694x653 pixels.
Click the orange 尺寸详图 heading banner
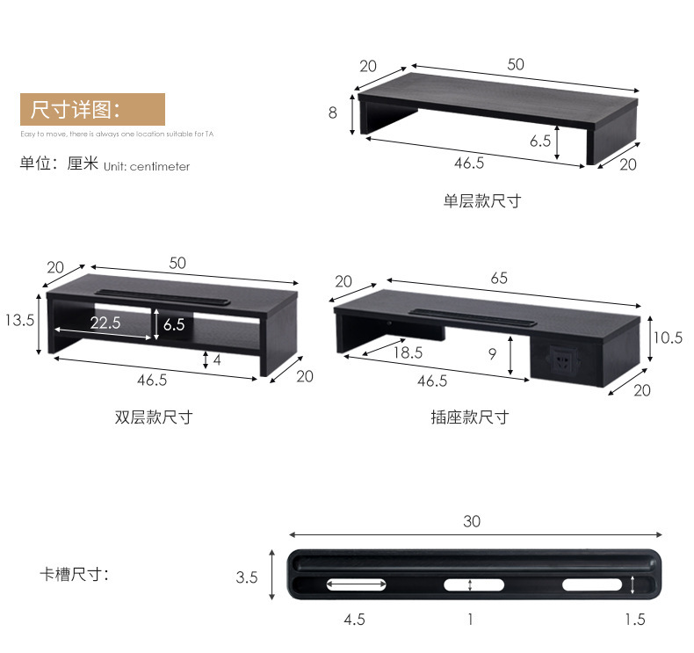click(x=92, y=110)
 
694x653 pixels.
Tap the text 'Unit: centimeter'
click(x=146, y=166)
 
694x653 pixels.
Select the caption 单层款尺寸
click(x=481, y=201)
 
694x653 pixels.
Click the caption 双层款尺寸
click(x=153, y=417)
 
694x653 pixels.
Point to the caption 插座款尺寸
click(x=469, y=417)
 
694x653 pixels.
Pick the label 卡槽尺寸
click(x=74, y=576)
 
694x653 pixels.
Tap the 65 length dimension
click(x=498, y=279)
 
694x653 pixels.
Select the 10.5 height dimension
click(x=668, y=337)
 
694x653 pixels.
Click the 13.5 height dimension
click(x=18, y=321)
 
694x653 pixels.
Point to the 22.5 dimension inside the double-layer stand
click(x=105, y=323)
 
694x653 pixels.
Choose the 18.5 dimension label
click(x=407, y=352)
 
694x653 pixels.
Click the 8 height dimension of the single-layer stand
click(x=333, y=112)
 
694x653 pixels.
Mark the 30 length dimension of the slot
click(x=472, y=522)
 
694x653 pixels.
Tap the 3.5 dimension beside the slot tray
click(x=247, y=577)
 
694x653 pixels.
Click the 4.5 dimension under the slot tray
click(x=354, y=620)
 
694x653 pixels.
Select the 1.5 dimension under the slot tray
click(x=634, y=620)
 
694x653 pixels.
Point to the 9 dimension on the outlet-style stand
click(x=492, y=353)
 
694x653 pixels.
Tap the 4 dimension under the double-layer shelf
click(x=216, y=359)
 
